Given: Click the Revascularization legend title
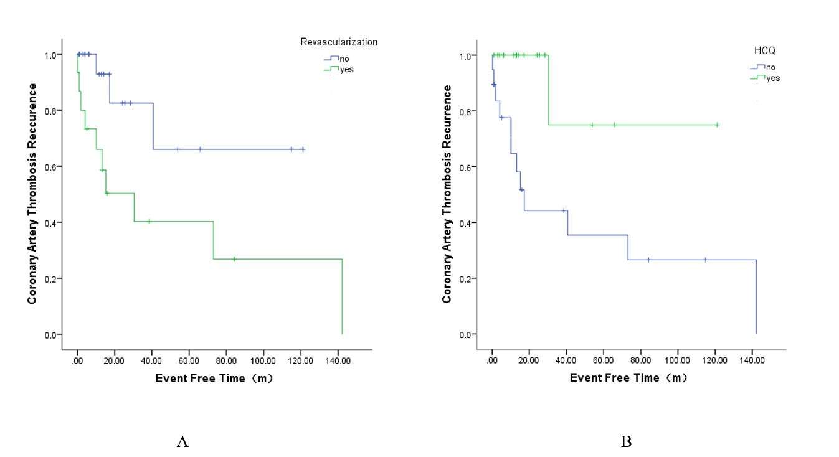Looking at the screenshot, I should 339,42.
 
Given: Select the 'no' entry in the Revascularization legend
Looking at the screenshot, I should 344,59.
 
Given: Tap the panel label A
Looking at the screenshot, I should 182,442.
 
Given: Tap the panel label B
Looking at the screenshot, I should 626,442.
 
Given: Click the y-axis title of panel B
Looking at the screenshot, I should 447,194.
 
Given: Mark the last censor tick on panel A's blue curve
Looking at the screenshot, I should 303,149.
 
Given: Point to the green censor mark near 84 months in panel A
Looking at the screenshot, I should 234,259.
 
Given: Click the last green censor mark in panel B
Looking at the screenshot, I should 717,125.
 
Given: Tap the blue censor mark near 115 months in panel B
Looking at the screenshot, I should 706,260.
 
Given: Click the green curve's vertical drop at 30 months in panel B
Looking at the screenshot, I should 549,90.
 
